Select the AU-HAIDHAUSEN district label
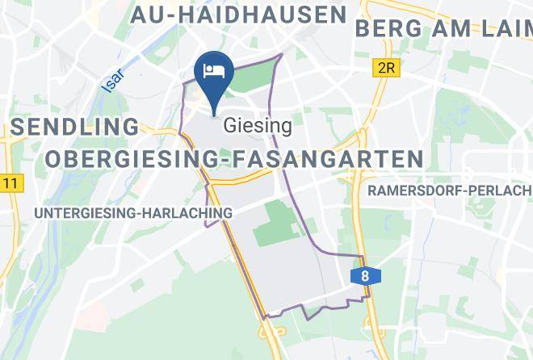[238, 15]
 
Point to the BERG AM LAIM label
[443, 28]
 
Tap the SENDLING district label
[76, 126]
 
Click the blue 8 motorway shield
[366, 276]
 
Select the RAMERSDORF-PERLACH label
[450, 190]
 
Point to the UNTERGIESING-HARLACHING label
[133, 212]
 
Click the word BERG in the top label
[384, 28]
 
